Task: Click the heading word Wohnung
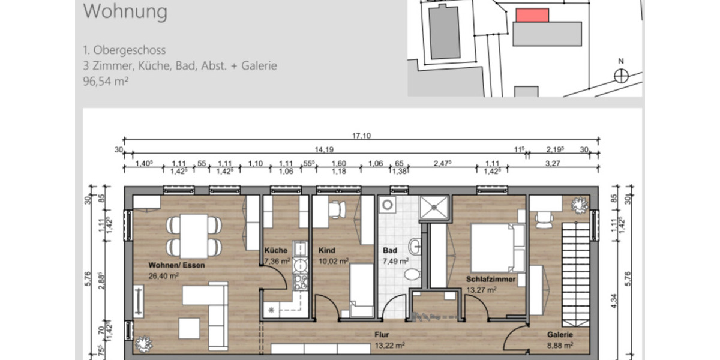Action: point(125,11)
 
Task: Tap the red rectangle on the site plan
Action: point(533,16)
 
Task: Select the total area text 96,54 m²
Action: point(106,82)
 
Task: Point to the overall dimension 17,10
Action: point(362,136)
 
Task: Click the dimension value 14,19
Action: point(323,150)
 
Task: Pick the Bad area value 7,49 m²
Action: point(396,261)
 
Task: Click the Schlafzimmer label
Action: point(490,279)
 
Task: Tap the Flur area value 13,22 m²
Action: point(389,345)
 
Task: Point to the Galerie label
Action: point(560,335)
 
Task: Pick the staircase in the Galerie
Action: point(574,263)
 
